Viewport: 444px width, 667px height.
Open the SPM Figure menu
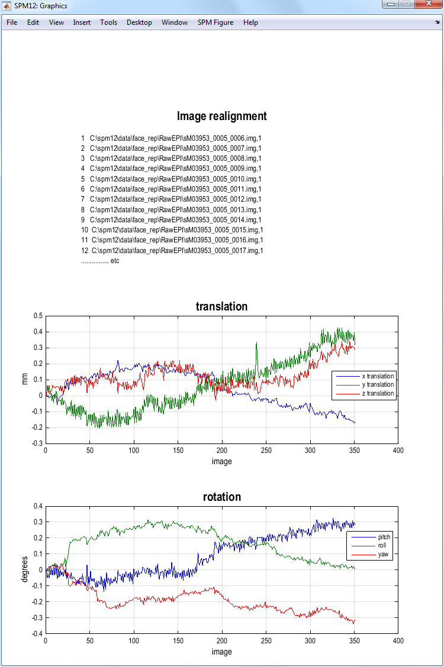click(x=215, y=22)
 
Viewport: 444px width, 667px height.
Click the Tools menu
click(x=108, y=22)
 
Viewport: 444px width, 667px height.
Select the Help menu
click(x=250, y=22)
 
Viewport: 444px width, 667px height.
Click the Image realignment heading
click(x=221, y=116)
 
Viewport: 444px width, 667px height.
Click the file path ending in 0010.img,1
click(x=175, y=179)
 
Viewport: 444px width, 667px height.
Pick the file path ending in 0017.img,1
click(x=176, y=250)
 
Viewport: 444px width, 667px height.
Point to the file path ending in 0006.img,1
click(x=175, y=138)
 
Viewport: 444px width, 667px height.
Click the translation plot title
click(x=221, y=306)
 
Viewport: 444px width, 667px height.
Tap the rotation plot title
click(x=221, y=497)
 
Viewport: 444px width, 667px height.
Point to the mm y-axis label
click(x=25, y=379)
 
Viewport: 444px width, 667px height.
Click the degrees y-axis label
click(x=25, y=569)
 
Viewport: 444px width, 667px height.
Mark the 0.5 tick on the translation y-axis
click(x=37, y=316)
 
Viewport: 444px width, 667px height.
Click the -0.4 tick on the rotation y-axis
click(x=36, y=634)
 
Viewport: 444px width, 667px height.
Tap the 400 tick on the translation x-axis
click(x=398, y=451)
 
